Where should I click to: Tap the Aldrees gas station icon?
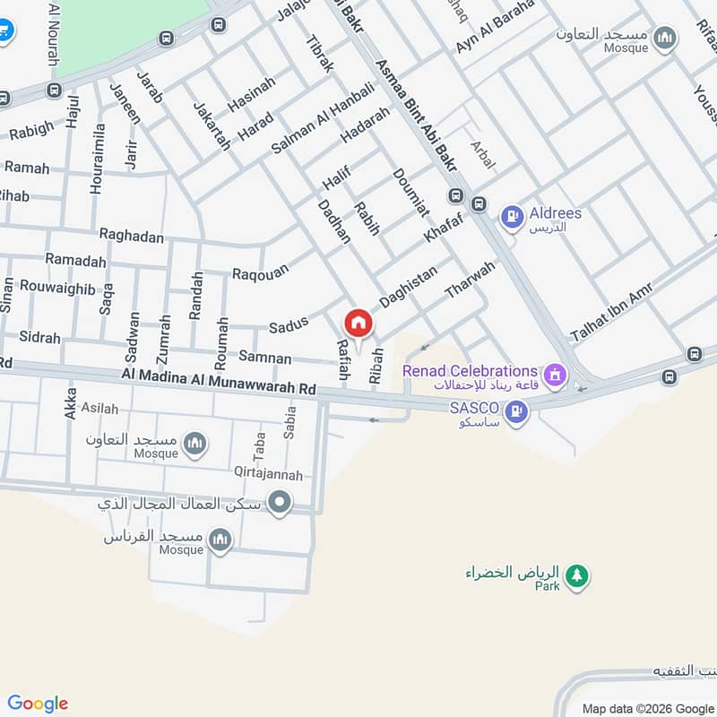511,215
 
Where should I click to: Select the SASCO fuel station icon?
515,411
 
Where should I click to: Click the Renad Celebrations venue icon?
555,373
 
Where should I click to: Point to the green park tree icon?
578,575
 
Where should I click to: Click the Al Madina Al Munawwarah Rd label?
220,384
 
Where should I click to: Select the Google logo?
38,704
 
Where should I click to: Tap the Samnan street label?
264,358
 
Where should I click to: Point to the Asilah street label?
99,409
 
